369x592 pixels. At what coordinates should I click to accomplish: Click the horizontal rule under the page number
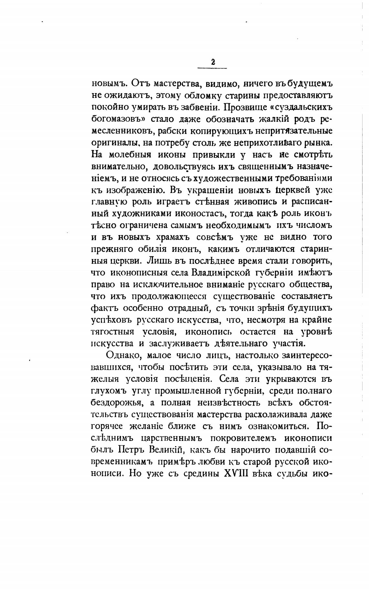coord(212,68)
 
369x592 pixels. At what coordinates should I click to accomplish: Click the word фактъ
coord(104,308)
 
